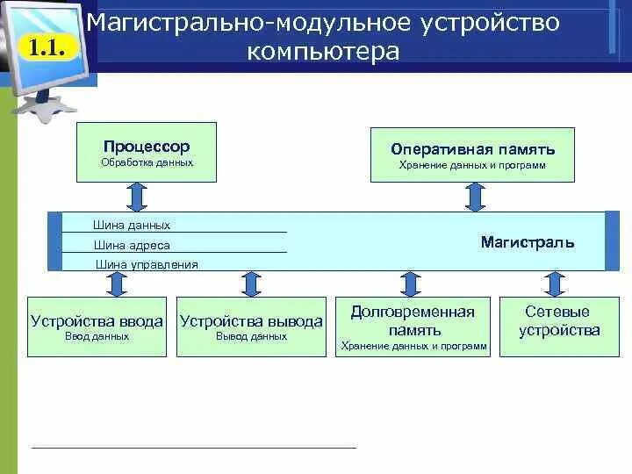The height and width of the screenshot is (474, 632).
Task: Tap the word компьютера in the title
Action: (323, 52)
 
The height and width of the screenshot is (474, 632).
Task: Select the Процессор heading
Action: (147, 147)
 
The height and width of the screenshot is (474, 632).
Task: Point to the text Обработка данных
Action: (147, 162)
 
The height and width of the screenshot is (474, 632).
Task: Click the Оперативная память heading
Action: (472, 149)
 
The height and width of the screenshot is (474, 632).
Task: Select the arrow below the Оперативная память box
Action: (475, 197)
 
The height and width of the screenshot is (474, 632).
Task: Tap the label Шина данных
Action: (132, 226)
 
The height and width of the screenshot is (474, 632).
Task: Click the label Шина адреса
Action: (132, 246)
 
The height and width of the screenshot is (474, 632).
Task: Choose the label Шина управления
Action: (147, 264)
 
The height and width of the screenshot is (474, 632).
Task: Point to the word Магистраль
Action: (528, 241)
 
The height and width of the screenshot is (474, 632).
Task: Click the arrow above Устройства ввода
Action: (114, 284)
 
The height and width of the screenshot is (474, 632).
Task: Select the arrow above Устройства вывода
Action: (251, 284)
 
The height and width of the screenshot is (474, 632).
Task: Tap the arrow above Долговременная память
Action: (409, 284)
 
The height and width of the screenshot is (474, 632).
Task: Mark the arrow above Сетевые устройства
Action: (553, 284)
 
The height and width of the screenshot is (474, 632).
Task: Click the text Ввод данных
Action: (97, 336)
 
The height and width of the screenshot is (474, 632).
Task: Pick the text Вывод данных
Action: (251, 336)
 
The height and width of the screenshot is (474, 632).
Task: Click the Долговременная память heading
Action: (413, 321)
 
